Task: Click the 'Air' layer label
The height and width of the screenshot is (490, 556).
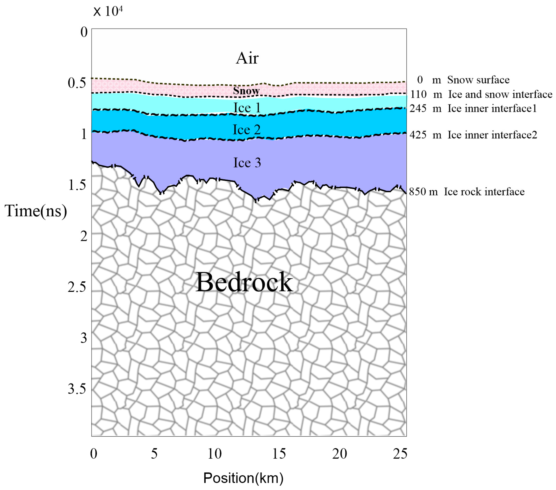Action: [x=247, y=58]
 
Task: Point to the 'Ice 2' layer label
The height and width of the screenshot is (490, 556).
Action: [x=247, y=130]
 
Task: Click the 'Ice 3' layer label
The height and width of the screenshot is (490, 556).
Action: [x=247, y=163]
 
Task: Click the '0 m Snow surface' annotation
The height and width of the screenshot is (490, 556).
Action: [x=463, y=80]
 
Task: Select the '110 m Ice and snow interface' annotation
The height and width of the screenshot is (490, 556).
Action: [x=481, y=94]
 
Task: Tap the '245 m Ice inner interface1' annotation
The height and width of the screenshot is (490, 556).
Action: [x=473, y=109]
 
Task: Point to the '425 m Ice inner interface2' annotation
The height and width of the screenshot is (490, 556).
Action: [x=473, y=135]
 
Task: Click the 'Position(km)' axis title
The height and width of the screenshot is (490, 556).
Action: [x=243, y=478]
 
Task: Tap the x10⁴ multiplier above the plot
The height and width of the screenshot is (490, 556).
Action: [x=108, y=11]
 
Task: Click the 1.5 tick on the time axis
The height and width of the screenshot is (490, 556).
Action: [x=77, y=185]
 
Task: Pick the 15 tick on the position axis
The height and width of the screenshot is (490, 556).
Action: [x=279, y=454]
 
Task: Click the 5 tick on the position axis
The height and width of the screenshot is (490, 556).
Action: [x=154, y=454]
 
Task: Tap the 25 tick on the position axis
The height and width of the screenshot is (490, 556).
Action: [x=400, y=454]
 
